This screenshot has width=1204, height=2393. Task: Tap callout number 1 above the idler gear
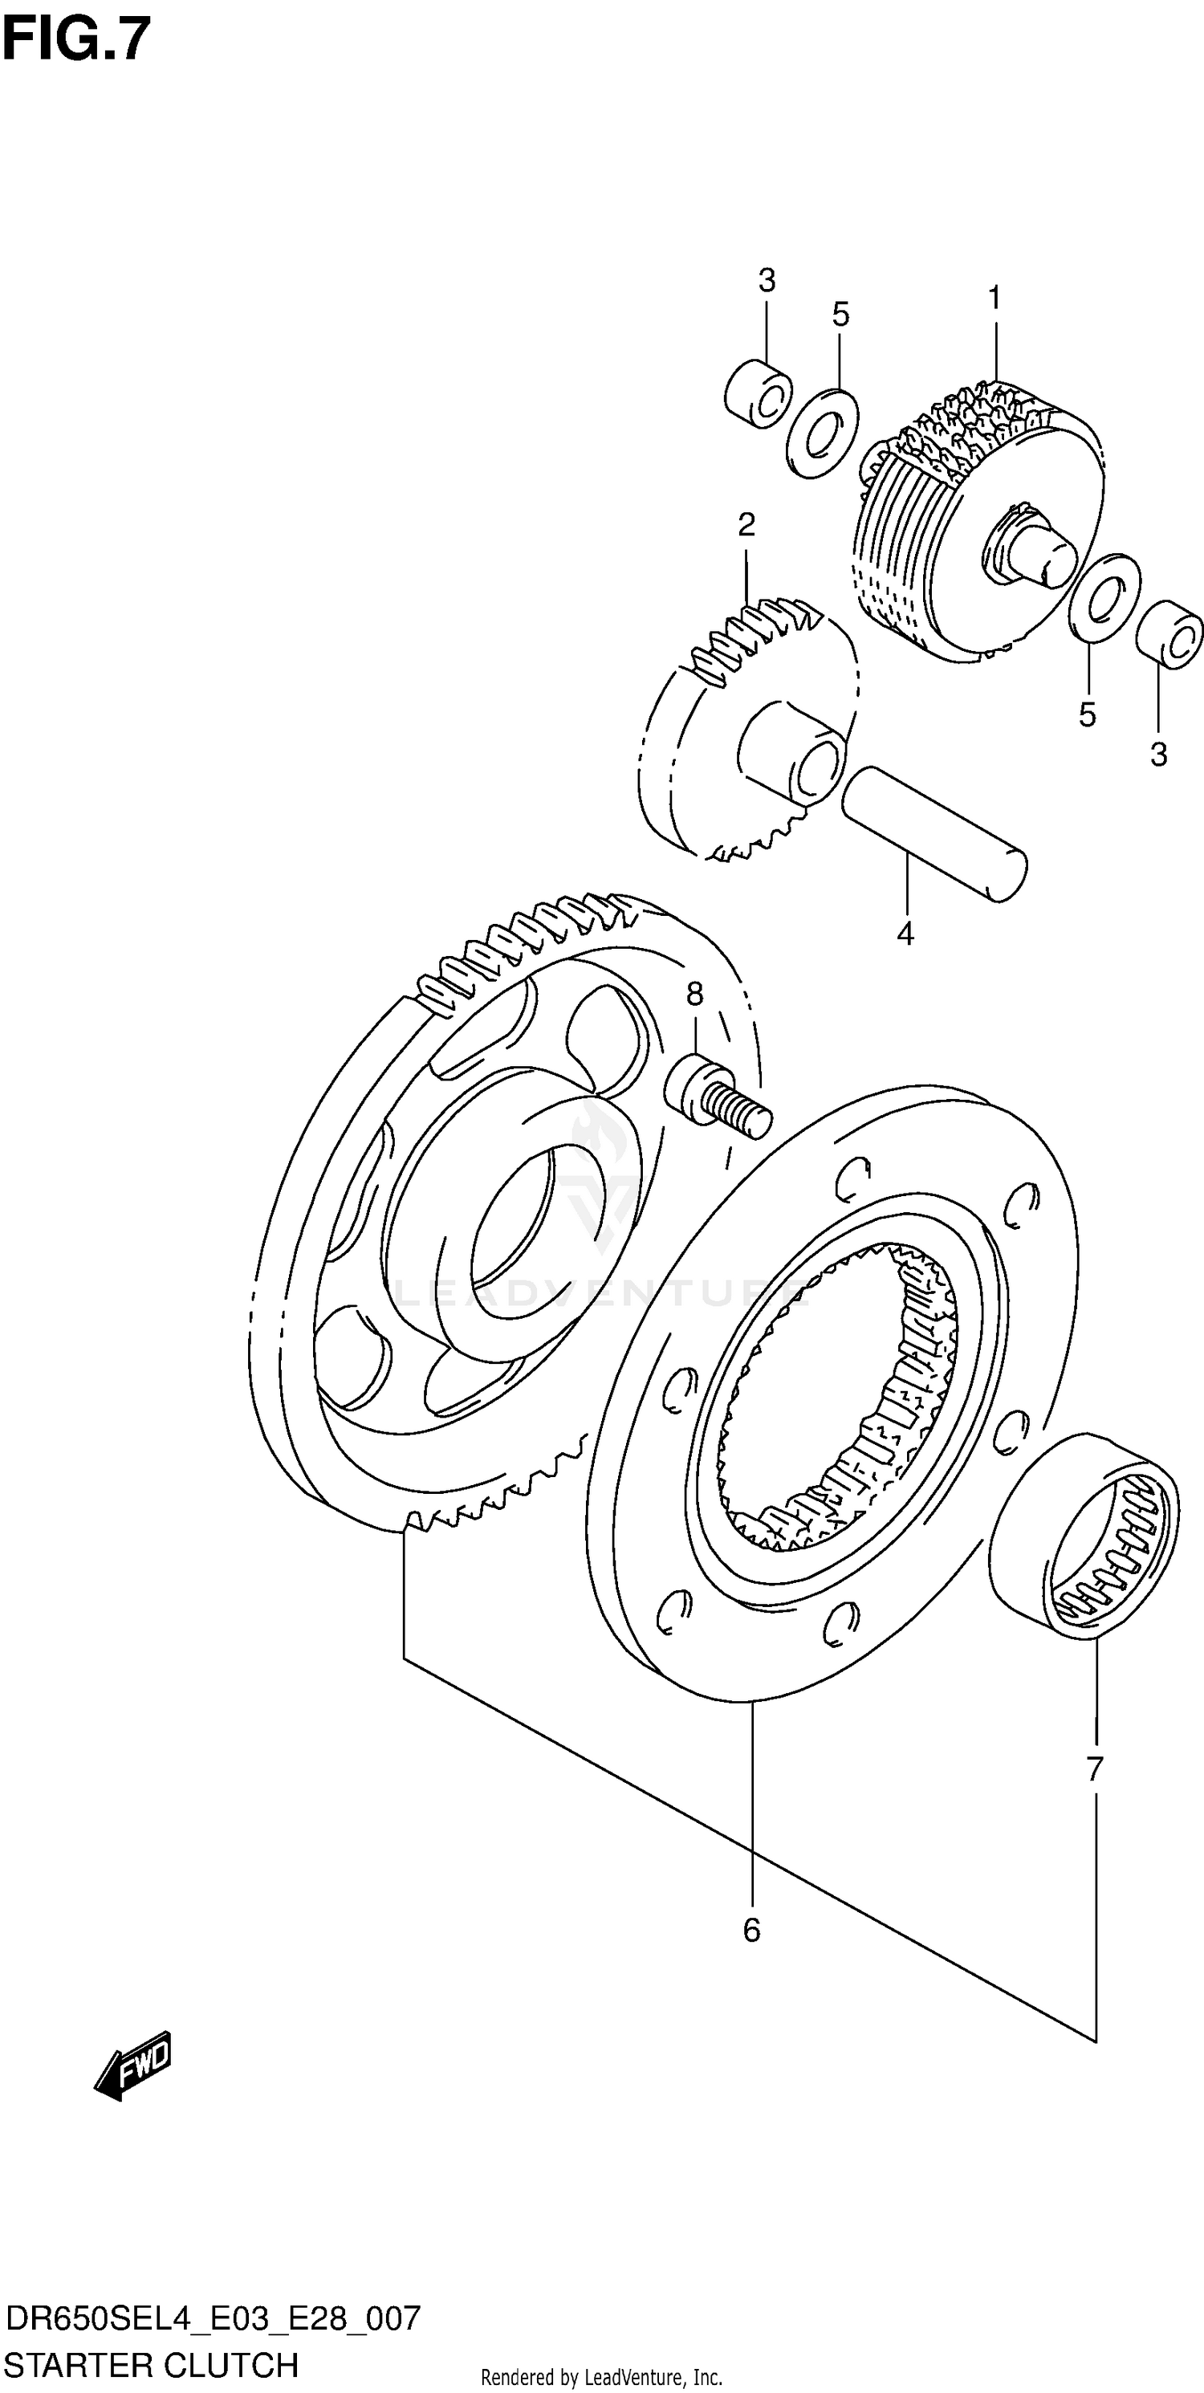pyautogui.click(x=994, y=299)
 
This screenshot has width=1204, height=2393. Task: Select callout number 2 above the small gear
pyautogui.click(x=746, y=526)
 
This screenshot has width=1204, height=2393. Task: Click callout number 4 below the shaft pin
pyautogui.click(x=905, y=933)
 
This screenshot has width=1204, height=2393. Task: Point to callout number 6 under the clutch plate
pyautogui.click(x=751, y=1931)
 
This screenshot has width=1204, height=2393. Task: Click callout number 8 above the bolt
pyautogui.click(x=695, y=995)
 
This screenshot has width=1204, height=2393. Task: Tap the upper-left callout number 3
pyautogui.click(x=767, y=279)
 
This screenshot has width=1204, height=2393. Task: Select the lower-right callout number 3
pyautogui.click(x=1158, y=755)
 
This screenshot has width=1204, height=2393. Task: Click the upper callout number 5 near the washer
pyautogui.click(x=840, y=315)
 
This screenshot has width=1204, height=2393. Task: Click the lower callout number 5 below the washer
pyautogui.click(x=1087, y=714)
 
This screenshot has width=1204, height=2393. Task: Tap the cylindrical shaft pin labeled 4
pyautogui.click(x=934, y=832)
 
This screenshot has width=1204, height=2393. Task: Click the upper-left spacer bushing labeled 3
pyautogui.click(x=758, y=394)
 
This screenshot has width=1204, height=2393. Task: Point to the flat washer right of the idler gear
pyautogui.click(x=1104, y=598)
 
